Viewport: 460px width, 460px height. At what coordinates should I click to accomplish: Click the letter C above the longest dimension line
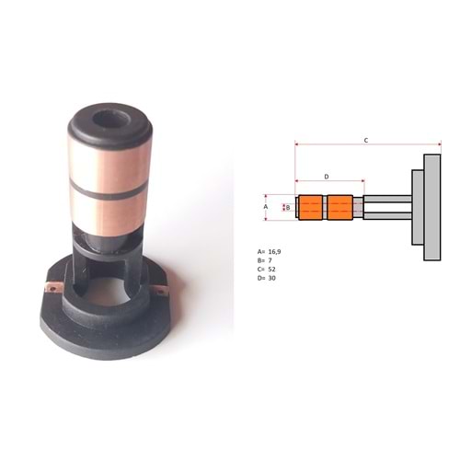click(365, 140)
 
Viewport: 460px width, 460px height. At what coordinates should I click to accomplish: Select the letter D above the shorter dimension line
click(326, 175)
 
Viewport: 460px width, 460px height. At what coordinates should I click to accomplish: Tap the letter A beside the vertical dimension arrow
click(266, 207)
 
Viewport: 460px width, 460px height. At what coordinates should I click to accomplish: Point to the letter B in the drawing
click(288, 208)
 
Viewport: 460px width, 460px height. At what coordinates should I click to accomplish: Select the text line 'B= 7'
click(266, 259)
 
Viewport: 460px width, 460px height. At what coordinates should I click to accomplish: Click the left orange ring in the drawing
click(313, 208)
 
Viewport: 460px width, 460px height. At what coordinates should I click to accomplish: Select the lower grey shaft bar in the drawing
click(387, 218)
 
